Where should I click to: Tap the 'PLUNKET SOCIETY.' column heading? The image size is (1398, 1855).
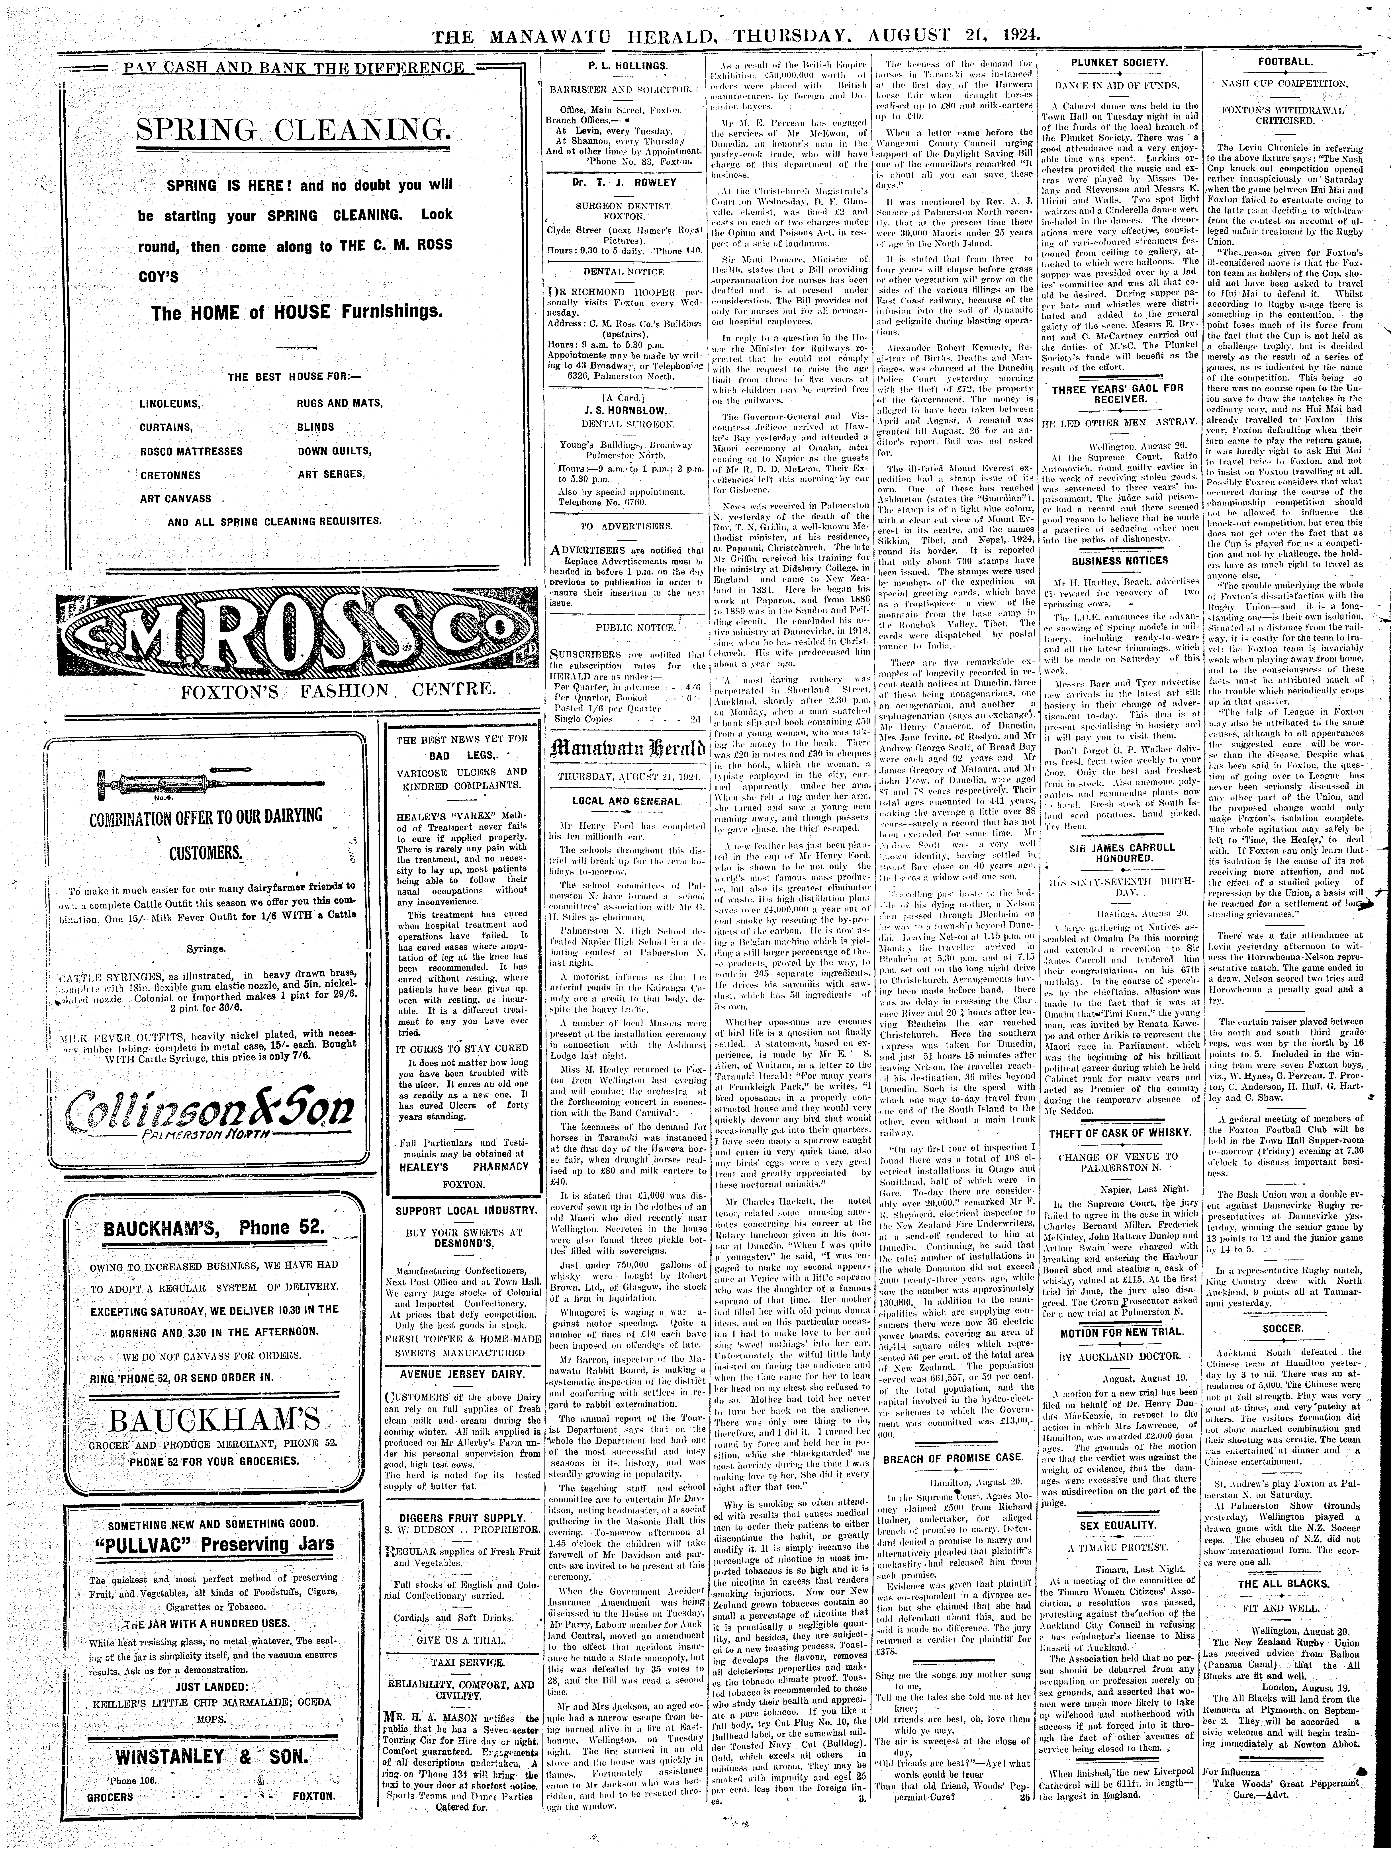[x=1119, y=64]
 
